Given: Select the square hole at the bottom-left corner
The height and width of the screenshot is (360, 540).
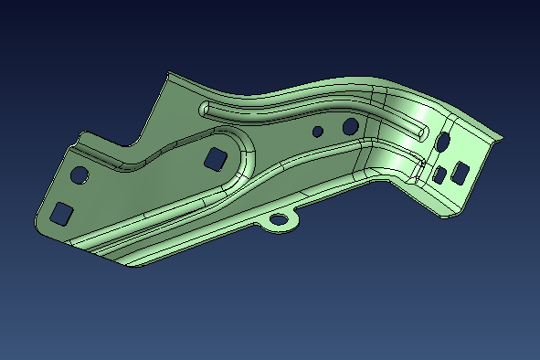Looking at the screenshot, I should coord(61,213).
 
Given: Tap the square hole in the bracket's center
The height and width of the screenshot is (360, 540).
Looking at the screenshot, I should coord(217,158).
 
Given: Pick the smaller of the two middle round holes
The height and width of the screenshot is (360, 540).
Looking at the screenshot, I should coord(317,132).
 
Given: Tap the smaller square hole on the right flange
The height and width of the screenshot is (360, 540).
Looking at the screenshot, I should coord(439,174).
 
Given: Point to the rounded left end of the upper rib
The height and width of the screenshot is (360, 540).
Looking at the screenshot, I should coord(203,109).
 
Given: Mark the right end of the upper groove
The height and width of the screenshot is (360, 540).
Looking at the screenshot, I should coord(422,134).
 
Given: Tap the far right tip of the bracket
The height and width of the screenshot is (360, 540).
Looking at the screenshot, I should coord(501,135).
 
